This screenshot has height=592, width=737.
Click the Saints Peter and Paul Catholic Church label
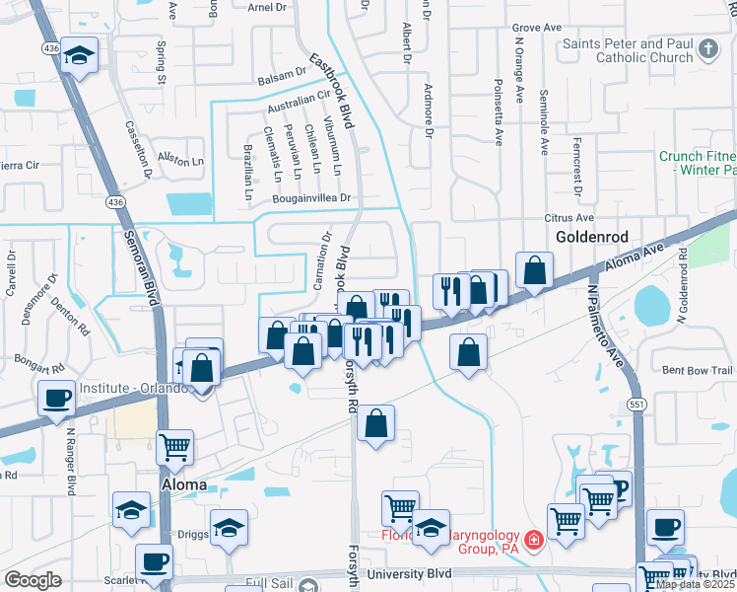click(627, 50)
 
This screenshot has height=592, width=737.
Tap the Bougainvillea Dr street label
click(312, 199)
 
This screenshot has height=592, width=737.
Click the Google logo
click(33, 579)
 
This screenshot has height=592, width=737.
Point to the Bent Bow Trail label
click(698, 371)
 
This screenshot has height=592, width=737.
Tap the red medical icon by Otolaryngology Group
click(533, 540)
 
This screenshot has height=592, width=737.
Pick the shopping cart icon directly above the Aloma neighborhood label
click(174, 447)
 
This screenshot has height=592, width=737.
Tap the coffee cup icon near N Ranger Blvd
click(57, 398)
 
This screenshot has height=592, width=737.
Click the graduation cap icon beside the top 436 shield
click(79, 56)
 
